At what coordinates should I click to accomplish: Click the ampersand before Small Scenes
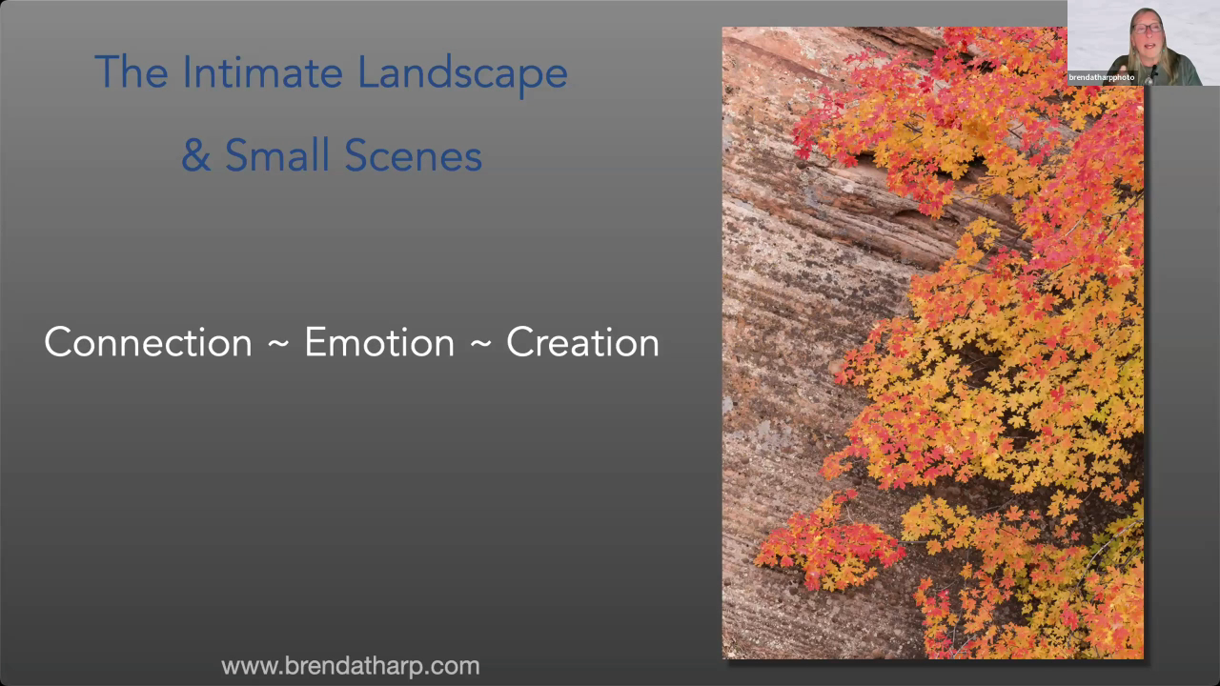click(x=196, y=155)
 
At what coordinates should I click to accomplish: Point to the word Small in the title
click(x=278, y=154)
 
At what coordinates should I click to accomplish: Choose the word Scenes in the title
click(x=414, y=155)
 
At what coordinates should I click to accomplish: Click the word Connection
click(x=148, y=342)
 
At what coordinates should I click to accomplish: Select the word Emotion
click(x=379, y=342)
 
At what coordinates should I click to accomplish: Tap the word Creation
click(x=582, y=342)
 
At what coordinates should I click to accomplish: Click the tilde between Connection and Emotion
click(x=278, y=344)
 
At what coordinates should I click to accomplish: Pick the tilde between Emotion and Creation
click(x=480, y=344)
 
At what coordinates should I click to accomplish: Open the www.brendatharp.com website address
click(x=350, y=666)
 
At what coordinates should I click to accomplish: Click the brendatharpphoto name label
click(x=1101, y=77)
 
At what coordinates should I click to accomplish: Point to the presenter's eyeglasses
click(x=1148, y=28)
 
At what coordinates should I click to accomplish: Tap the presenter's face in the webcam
click(x=1148, y=32)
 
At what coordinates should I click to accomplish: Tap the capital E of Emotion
click(x=315, y=342)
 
